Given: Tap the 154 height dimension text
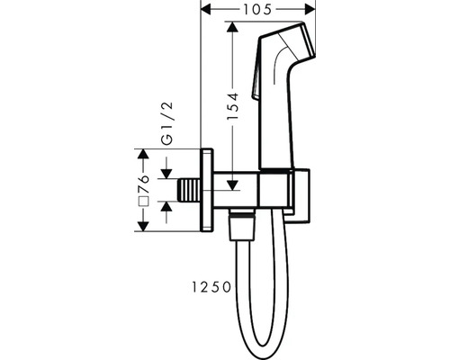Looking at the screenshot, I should pyautogui.click(x=233, y=107).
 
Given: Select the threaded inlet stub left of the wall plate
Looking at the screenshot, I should pyautogui.click(x=192, y=191).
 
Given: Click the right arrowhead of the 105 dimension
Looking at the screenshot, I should pyautogui.click(x=316, y=12).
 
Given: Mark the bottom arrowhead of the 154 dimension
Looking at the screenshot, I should pyautogui.click(x=234, y=184).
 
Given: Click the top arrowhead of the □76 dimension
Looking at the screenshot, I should pyautogui.click(x=141, y=155).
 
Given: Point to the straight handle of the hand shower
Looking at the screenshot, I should pyautogui.click(x=274, y=126).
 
